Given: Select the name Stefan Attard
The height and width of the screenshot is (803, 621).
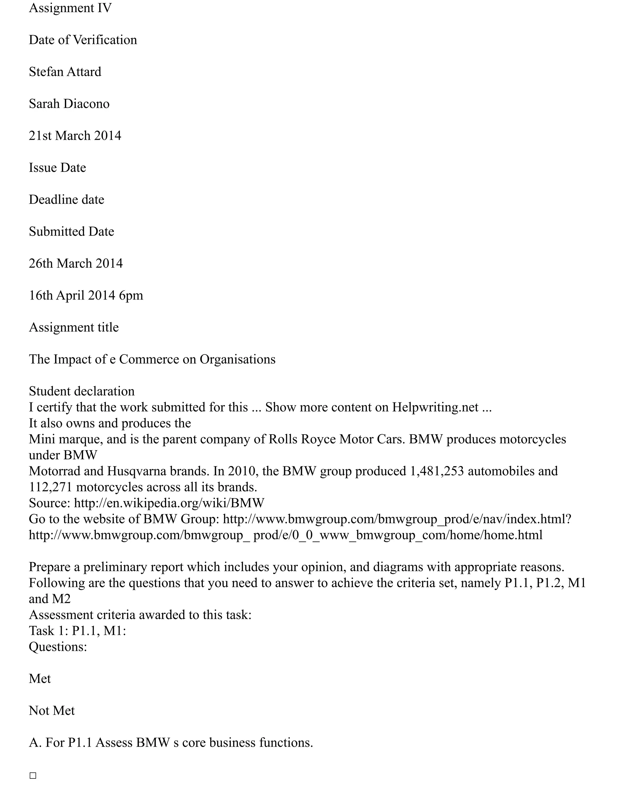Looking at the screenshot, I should (x=65, y=72).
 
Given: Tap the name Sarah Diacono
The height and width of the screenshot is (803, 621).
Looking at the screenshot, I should (x=69, y=104).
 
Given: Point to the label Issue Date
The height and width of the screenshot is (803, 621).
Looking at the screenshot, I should (x=57, y=168).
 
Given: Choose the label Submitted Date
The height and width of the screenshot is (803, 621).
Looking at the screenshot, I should (x=71, y=232).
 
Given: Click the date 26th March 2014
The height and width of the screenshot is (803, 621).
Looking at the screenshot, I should (x=76, y=264).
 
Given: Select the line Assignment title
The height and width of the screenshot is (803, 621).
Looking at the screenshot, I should (x=74, y=328).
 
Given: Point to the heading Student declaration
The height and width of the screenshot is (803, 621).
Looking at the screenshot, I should (x=82, y=391).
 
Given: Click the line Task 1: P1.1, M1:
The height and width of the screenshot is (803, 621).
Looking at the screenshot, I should (x=77, y=631).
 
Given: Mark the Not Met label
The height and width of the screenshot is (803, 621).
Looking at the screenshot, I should (x=52, y=711).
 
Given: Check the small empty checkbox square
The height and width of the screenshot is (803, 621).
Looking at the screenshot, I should (x=33, y=776).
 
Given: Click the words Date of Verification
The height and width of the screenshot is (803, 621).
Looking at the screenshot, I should (x=83, y=40).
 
